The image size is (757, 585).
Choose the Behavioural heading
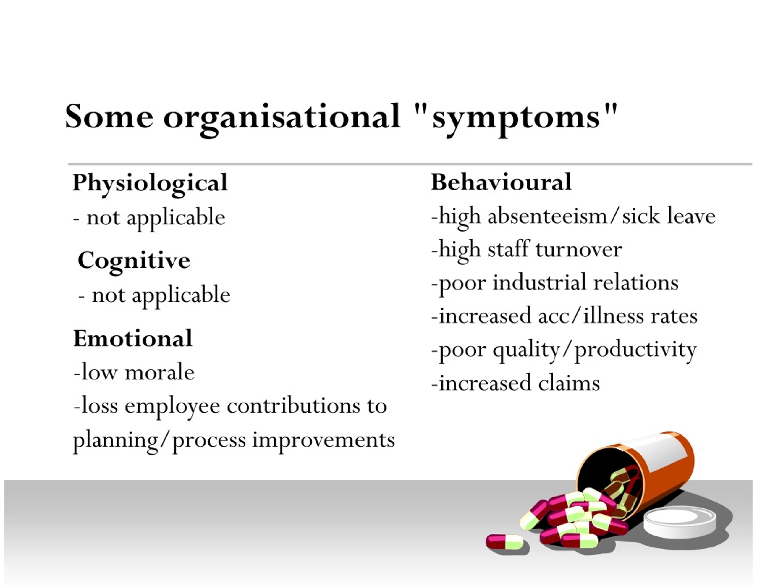coord(501,182)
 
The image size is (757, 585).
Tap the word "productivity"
coord(636,350)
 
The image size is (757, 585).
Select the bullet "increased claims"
coord(515,383)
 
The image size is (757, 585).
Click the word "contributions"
coord(294,406)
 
